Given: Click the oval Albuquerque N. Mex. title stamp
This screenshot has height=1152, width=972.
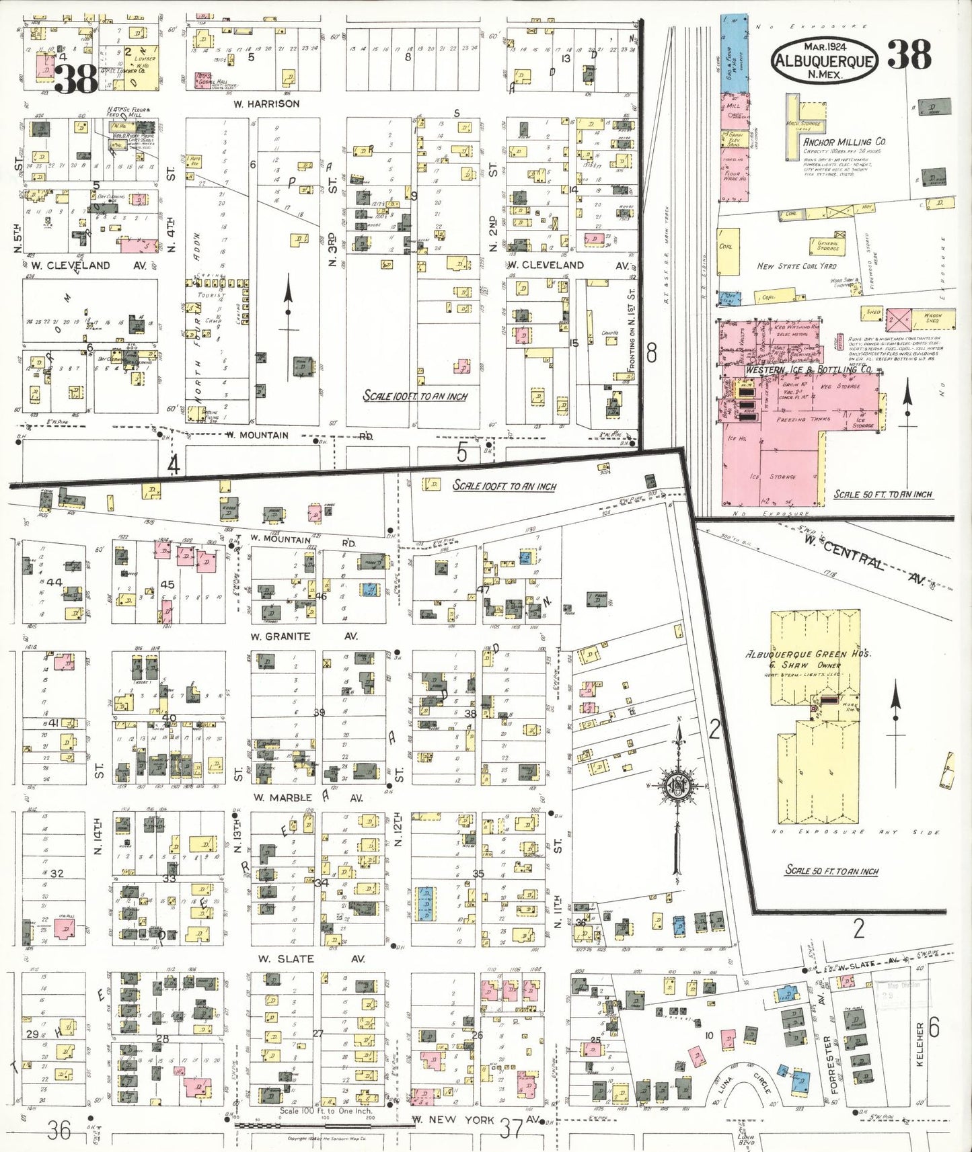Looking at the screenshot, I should click(825, 60).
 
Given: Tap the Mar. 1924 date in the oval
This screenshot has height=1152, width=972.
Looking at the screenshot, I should click(825, 46).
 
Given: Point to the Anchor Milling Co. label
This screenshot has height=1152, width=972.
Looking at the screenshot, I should click(844, 142).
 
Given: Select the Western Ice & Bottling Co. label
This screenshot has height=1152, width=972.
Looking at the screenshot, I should click(808, 370).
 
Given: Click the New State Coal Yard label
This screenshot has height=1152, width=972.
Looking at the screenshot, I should click(796, 266).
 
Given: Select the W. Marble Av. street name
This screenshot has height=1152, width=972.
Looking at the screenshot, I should click(307, 798).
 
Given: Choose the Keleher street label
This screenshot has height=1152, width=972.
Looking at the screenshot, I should click(920, 1044).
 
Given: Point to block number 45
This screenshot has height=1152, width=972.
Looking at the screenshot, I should click(167, 584).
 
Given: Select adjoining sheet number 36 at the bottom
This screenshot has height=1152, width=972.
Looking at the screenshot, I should click(59, 1130).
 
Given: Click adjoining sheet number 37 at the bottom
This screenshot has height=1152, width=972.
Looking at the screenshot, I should click(511, 1128).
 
